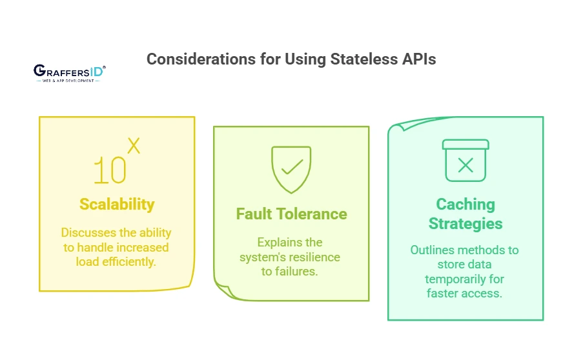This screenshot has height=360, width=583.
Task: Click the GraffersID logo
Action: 69,71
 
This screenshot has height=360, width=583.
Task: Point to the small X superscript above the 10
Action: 133,146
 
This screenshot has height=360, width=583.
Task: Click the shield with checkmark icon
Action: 291,169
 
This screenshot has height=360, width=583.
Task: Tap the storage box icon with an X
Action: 465,161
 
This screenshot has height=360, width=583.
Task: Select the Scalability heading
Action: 117,205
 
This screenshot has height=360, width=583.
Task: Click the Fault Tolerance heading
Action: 291,214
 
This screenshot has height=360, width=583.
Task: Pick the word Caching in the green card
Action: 465,205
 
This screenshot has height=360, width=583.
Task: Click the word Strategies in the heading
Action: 465,224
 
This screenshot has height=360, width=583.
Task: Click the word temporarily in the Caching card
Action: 465,279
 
